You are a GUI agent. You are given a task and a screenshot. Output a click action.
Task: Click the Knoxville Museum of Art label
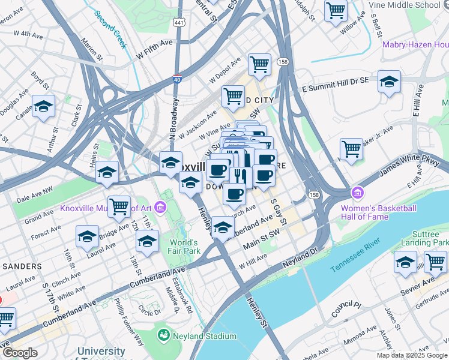(105, 209)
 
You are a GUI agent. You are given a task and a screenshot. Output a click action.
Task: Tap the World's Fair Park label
(184, 247)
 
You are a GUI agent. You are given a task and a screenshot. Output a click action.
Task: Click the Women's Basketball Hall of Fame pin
(358, 193)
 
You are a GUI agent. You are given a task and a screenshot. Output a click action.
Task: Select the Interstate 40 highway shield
(176, 78)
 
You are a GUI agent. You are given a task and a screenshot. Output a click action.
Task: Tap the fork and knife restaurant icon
(238, 176)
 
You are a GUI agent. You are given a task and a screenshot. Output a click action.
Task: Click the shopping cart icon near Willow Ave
(336, 10)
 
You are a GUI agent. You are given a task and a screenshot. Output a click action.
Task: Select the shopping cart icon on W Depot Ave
(259, 64)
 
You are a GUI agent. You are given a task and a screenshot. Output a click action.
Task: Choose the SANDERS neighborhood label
(21, 265)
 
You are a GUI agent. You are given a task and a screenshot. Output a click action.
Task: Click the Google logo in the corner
(20, 353)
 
